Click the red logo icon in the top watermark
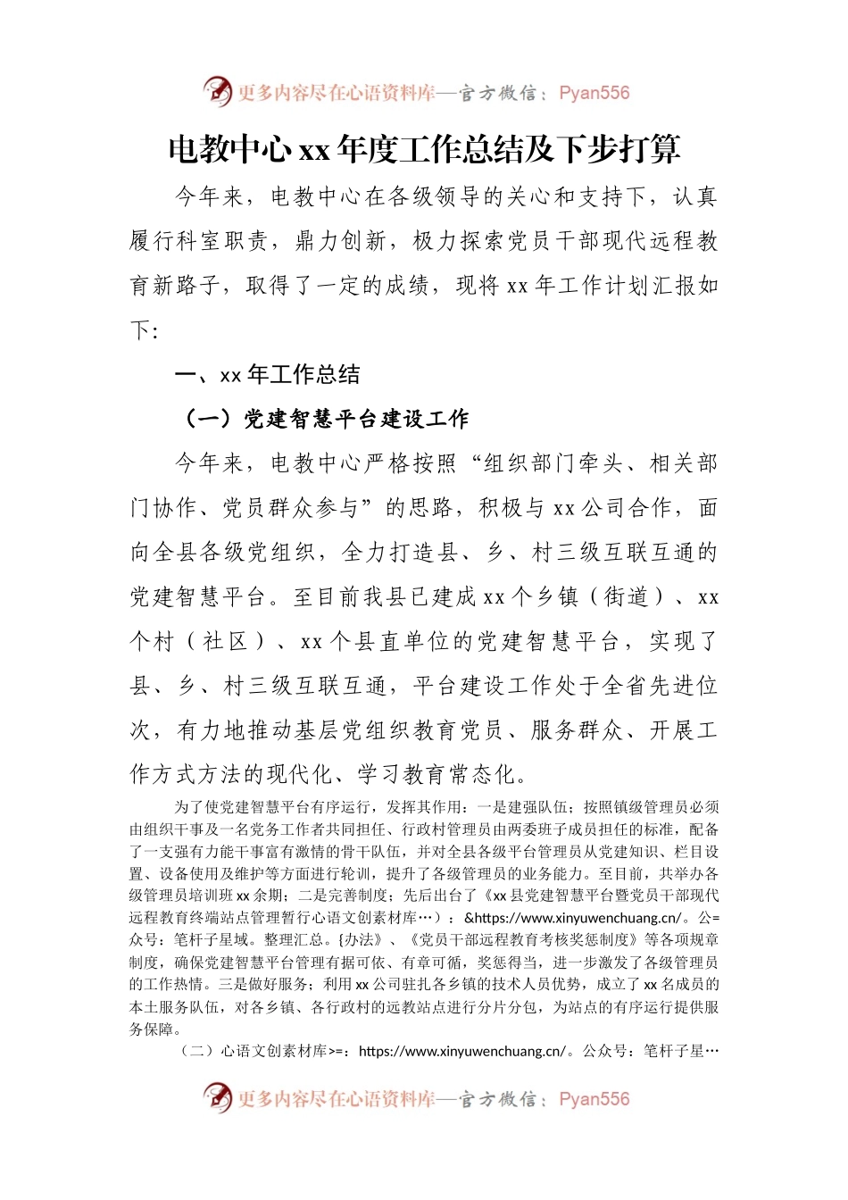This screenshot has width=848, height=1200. pos(217,91)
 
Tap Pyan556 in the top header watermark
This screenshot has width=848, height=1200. pos(594,93)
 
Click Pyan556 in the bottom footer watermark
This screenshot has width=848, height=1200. pos(594,1099)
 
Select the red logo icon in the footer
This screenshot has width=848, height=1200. pos(217,1097)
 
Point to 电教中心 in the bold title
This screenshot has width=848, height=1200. pos(229,150)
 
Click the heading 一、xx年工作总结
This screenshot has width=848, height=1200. pos(268,375)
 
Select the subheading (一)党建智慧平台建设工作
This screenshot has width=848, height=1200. pos(326,419)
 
